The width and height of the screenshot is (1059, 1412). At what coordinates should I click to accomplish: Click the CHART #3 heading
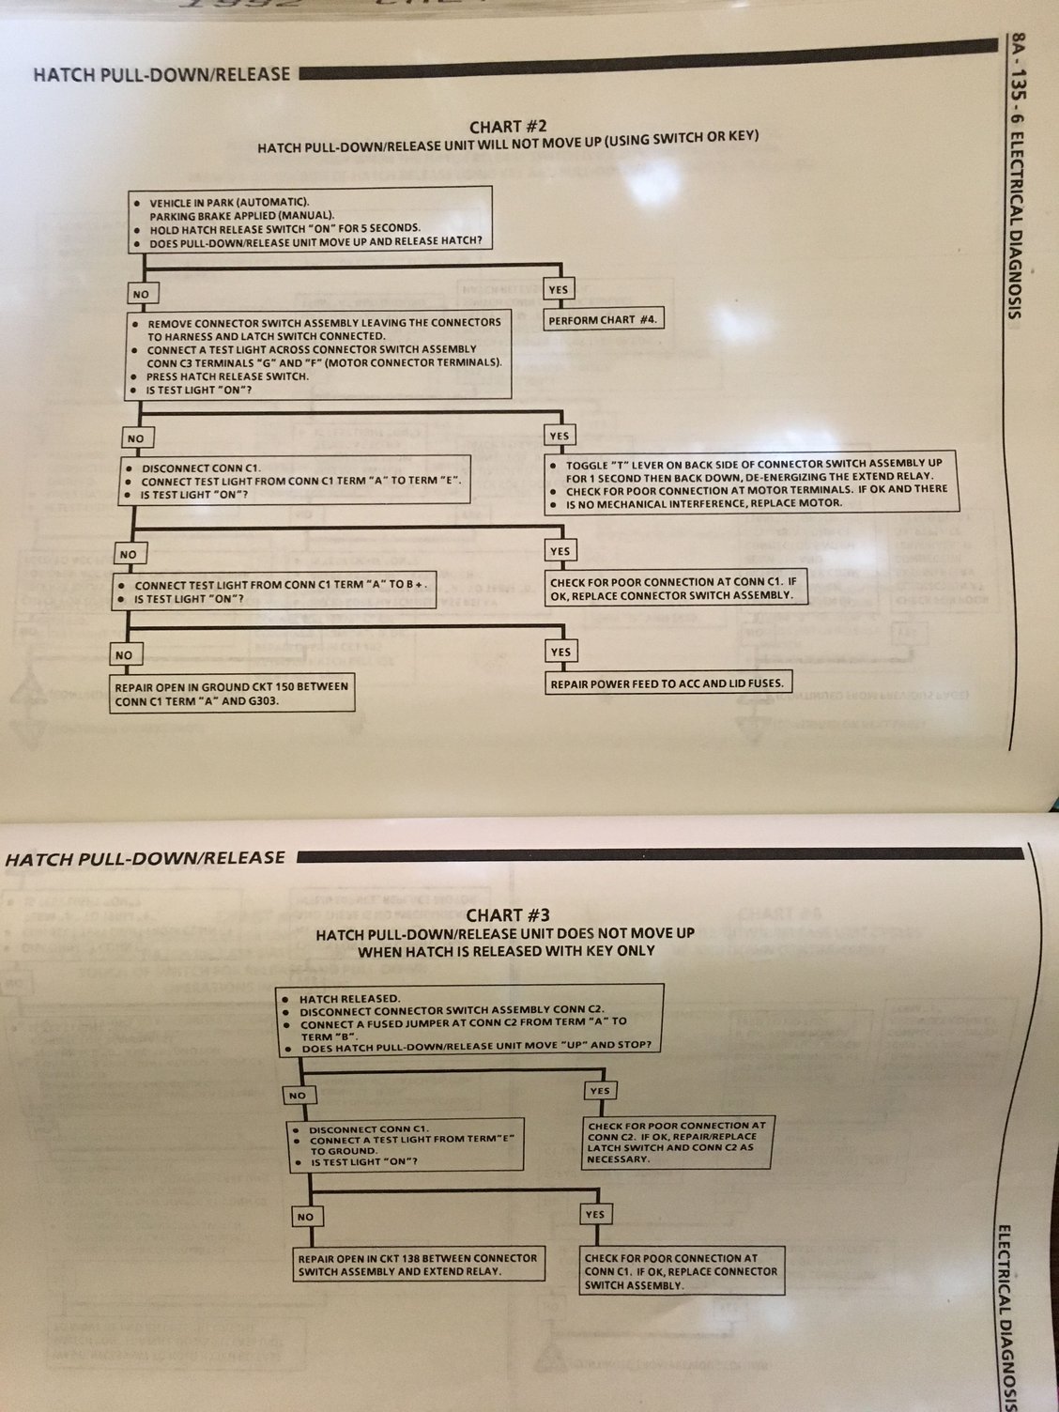[507, 914]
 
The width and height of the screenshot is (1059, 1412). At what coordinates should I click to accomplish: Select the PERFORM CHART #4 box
[604, 319]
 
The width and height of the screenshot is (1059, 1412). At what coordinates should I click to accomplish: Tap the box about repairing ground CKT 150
[232, 693]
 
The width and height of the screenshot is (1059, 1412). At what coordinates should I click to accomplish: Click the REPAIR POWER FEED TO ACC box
[667, 683]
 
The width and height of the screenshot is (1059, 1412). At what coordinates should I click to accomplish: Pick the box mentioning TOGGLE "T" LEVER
[752, 483]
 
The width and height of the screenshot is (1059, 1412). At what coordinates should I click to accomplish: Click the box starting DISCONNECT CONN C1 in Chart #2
[294, 481]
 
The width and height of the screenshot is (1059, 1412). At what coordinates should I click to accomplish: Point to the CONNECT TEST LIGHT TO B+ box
[274, 591]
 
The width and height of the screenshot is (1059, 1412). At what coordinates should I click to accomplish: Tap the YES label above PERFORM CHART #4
[559, 289]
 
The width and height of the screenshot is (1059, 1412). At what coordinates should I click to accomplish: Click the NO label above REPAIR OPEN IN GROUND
[124, 654]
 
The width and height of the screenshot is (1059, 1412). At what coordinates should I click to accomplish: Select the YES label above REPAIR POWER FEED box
[560, 652]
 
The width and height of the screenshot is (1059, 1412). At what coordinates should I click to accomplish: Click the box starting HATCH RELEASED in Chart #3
[469, 1021]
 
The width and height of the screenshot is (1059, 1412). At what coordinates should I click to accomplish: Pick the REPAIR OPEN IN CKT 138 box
[418, 1265]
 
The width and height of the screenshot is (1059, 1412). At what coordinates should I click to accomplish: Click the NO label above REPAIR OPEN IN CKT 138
[305, 1217]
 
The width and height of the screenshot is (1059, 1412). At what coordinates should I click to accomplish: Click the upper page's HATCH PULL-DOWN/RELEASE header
[161, 73]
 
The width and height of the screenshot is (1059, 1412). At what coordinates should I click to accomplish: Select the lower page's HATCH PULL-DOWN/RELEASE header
[145, 857]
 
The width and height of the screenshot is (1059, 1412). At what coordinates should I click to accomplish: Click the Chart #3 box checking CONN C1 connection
[683, 1271]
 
